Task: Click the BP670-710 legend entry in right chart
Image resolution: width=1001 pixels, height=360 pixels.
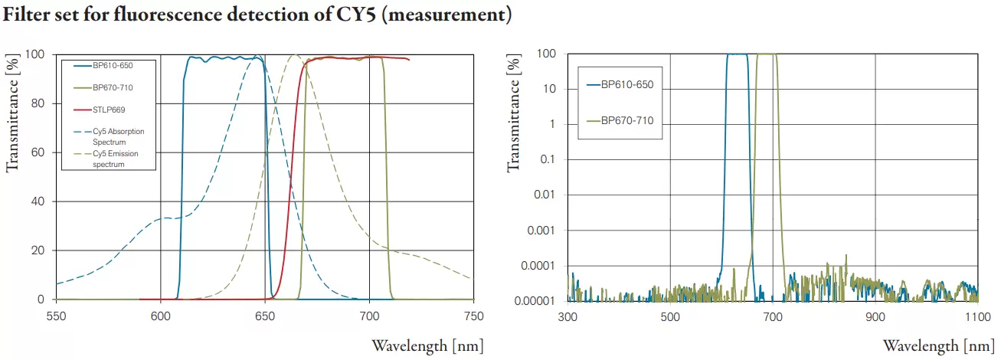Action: [626, 120]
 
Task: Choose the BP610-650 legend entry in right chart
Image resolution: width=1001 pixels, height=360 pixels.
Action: [626, 84]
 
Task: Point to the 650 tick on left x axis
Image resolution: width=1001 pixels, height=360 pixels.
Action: [265, 315]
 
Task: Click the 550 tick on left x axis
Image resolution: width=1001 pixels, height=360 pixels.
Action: [56, 315]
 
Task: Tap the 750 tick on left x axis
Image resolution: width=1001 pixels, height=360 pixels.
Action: [473, 315]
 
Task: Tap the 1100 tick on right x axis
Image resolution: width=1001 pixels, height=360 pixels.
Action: [977, 315]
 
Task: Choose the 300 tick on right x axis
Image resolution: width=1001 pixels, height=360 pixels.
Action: [568, 315]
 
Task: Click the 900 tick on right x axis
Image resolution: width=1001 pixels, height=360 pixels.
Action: [875, 315]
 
